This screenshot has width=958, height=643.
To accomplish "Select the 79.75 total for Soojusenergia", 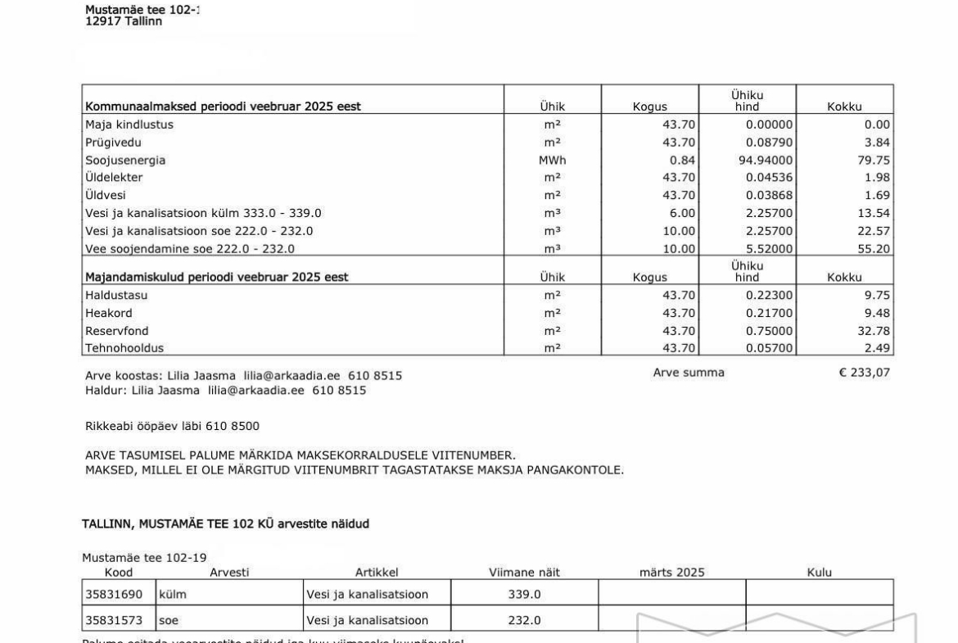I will pyautogui.click(x=874, y=161).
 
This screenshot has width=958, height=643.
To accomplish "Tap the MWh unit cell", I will pyautogui.click(x=552, y=161).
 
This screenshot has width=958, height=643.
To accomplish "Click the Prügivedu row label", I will pyautogui.click(x=113, y=143).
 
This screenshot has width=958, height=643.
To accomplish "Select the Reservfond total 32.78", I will pyautogui.click(x=874, y=331).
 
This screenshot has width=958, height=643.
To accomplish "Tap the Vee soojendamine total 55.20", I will pyautogui.click(x=874, y=249).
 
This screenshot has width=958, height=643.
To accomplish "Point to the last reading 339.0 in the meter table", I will pyautogui.click(x=524, y=595).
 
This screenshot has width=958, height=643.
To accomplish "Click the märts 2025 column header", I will pyautogui.click(x=671, y=573).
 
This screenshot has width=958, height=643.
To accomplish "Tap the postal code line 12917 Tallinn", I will pyautogui.click(x=124, y=21).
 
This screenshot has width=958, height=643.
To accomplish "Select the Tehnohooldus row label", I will pyautogui.click(x=124, y=349).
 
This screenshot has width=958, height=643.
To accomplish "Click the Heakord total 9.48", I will pyautogui.click(x=877, y=313).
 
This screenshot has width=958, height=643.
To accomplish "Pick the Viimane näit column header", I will pyautogui.click(x=524, y=573).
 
